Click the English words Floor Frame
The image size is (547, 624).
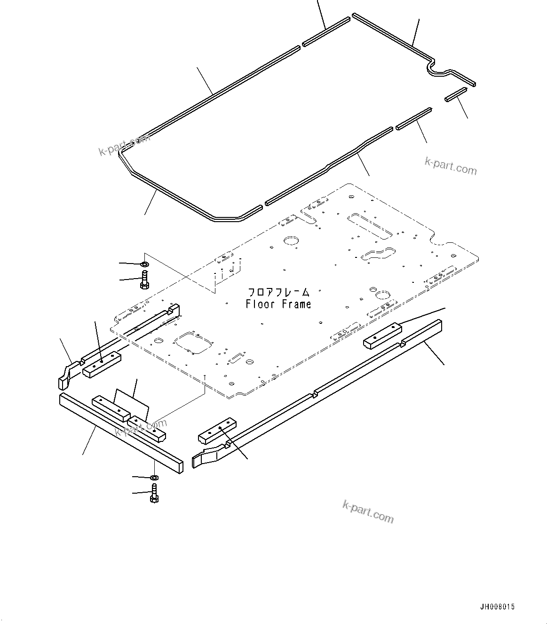coord(278,304)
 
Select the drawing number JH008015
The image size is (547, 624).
coord(497,607)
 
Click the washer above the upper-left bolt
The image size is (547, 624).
coord(144,263)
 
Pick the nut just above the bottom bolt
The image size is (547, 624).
coord(154,478)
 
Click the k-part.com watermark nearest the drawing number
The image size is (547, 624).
coord(368,512)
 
